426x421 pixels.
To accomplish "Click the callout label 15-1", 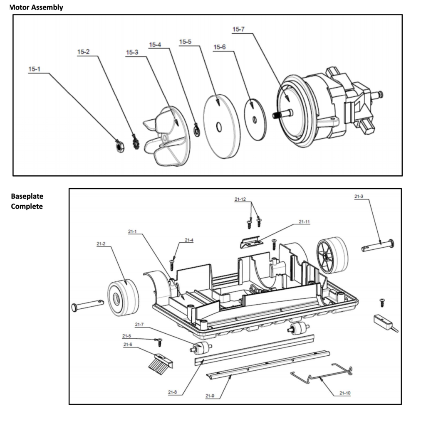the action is [34, 69].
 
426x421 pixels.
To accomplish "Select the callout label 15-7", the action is [238, 30].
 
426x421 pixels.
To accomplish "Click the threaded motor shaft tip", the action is [276, 115].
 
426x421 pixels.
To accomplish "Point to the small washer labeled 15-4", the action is [196, 130].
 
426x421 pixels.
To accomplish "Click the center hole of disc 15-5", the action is [219, 127].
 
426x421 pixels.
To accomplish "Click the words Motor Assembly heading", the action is [36, 7].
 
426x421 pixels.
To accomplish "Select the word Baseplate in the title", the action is [27, 196].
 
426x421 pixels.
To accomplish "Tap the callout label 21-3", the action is [359, 197].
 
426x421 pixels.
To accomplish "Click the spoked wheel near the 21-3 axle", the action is [332, 255].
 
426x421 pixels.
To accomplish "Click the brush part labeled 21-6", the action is [161, 364].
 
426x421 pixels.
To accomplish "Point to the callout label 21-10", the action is [345, 393].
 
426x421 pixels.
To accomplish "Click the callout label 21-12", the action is [240, 199].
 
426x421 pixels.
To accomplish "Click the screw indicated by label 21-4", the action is [172, 265].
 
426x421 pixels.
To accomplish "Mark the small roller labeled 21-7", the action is [201, 348].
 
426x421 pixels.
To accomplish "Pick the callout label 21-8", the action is [172, 392].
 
